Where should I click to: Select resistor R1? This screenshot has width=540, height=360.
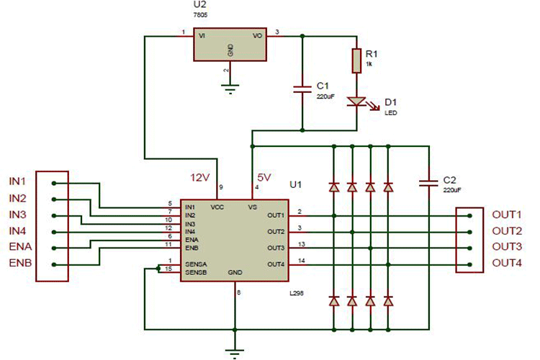(x=356, y=60)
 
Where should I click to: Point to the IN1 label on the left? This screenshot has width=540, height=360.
(x=18, y=182)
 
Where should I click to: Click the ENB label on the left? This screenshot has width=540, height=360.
(x=19, y=264)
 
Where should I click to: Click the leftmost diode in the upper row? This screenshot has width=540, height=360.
(x=334, y=186)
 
